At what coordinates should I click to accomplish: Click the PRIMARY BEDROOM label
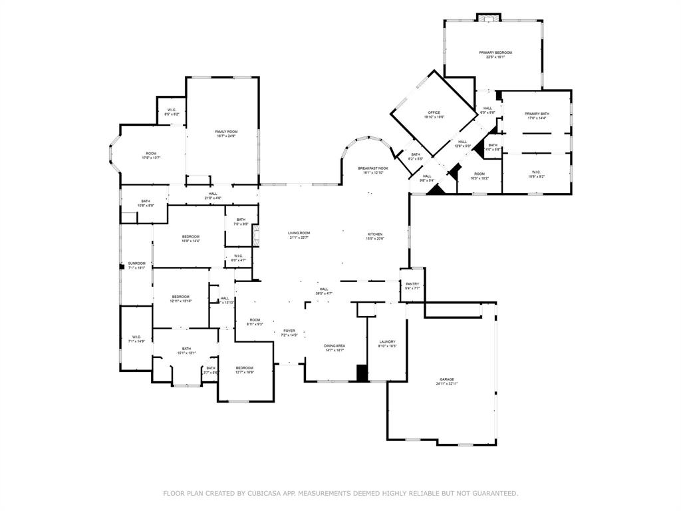[x=495, y=53]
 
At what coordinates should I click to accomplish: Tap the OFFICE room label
[x=434, y=112]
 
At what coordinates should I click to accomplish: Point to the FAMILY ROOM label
[x=226, y=132]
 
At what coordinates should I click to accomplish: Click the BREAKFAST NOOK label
[x=373, y=168]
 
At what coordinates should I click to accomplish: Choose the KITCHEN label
[x=375, y=234]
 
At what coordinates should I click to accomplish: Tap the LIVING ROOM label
[x=299, y=233]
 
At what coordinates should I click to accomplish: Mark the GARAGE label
[x=446, y=379]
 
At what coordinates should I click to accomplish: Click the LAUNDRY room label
[x=387, y=341]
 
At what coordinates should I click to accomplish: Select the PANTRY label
[x=412, y=283]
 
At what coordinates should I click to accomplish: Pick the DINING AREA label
[x=334, y=345]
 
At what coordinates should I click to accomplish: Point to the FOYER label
[x=289, y=331]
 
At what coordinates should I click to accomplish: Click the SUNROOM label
[x=136, y=263]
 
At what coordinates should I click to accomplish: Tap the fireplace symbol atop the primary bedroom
[x=488, y=17]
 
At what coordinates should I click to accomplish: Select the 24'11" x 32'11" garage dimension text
[x=446, y=384]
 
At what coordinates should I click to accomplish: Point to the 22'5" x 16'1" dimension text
[x=495, y=57]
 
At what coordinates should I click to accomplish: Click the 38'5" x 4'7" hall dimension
[x=324, y=293]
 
